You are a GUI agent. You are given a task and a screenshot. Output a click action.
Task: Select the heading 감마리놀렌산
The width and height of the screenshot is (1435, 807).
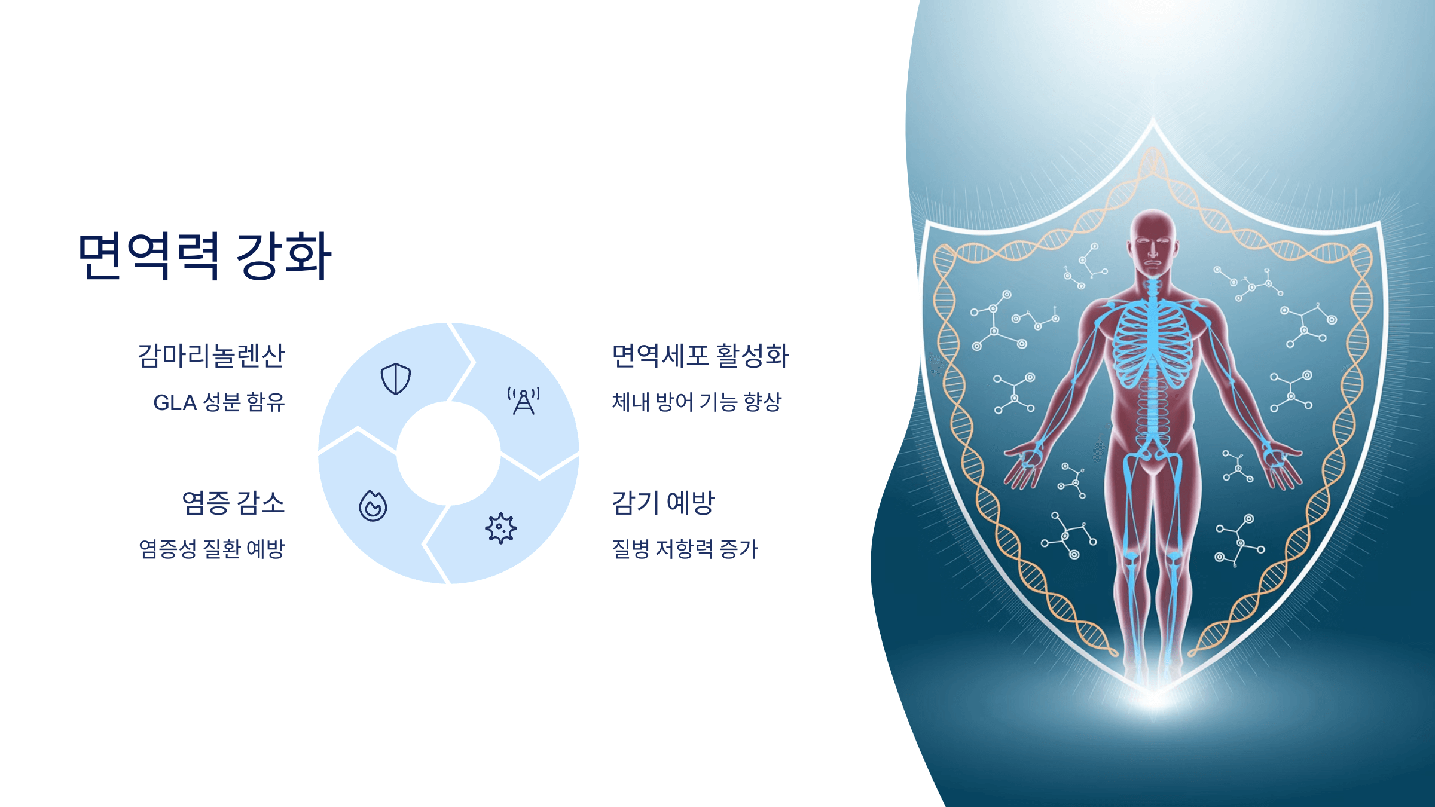pos(211,356)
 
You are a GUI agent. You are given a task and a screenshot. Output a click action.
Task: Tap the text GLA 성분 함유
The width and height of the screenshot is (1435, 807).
pos(219,402)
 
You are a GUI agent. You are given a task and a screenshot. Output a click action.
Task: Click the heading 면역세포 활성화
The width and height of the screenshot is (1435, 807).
pos(700,356)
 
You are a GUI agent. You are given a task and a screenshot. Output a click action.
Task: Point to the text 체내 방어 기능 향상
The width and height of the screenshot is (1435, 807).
pos(697,402)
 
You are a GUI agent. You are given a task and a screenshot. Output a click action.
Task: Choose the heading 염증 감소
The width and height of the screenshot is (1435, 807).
pos(233,503)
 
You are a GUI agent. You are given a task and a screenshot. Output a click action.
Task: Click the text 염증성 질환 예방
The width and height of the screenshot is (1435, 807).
pos(212,549)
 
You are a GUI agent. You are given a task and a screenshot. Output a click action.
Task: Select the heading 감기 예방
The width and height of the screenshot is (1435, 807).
pos(663,503)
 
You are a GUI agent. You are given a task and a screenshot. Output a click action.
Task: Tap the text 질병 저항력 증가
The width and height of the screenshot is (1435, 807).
pos(685,549)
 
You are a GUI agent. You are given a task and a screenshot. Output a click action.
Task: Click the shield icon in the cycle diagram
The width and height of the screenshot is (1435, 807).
pos(396,378)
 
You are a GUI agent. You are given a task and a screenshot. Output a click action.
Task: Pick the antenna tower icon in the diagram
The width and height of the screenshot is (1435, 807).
pos(523,401)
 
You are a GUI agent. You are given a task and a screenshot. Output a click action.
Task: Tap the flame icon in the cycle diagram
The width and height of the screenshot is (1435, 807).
pos(373,506)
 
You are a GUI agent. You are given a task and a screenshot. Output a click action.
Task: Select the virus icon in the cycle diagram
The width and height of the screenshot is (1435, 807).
pos(500,528)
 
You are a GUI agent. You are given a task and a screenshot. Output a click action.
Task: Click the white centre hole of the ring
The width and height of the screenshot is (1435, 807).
pos(448,453)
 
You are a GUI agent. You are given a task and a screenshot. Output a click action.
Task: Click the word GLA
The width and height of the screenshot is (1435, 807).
pos(175,403)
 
